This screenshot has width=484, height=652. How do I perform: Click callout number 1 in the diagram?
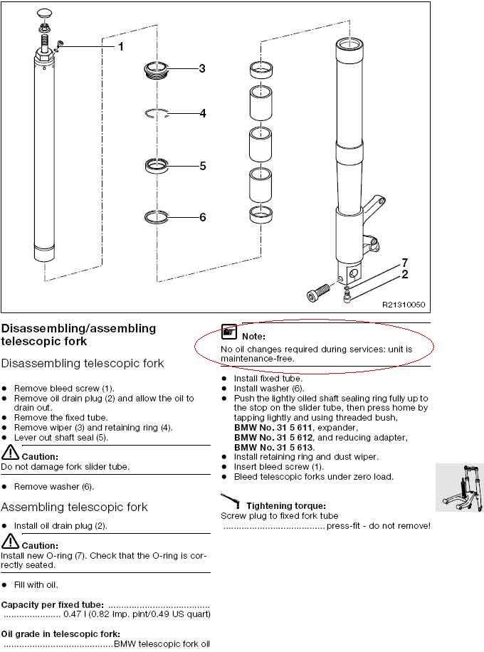(x=120, y=46)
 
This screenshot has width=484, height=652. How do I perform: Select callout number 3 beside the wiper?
(x=202, y=68)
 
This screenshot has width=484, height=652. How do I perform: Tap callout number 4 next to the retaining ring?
(x=203, y=113)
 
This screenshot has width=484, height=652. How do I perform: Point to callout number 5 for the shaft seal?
(x=203, y=166)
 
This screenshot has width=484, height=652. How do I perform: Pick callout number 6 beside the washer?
(x=203, y=217)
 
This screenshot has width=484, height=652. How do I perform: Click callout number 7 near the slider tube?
(x=404, y=263)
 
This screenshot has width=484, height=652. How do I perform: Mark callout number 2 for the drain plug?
(x=404, y=275)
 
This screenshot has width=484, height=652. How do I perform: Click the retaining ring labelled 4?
(x=157, y=113)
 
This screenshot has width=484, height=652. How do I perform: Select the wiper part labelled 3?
(x=156, y=70)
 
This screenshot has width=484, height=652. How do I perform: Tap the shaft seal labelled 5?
(x=157, y=166)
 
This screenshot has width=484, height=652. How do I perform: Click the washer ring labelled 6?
(x=157, y=216)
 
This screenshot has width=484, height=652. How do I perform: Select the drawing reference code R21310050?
(x=404, y=305)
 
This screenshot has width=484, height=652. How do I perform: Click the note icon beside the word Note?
(x=228, y=332)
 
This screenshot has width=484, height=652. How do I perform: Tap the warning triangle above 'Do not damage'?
(x=10, y=452)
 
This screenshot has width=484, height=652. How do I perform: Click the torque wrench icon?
(x=231, y=500)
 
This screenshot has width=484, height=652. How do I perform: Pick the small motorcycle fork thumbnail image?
(x=460, y=488)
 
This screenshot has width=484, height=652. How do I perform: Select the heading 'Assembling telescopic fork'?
(x=74, y=507)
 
